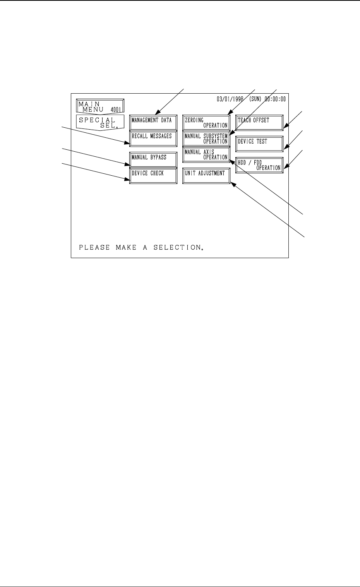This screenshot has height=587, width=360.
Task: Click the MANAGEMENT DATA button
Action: (153, 122)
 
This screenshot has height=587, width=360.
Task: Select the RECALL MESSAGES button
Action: (153, 138)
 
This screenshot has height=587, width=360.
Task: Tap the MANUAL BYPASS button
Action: (153, 159)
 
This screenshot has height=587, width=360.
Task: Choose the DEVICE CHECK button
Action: (153, 175)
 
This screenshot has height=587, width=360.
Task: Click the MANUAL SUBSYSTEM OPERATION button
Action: (206, 138)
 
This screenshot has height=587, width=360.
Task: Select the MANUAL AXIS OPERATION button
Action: (206, 154)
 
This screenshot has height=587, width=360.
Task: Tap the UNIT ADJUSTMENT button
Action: (206, 175)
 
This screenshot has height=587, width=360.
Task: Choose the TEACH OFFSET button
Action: (259, 122)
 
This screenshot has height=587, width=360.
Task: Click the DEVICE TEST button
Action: (259, 144)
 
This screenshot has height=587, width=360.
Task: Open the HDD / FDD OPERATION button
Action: (259, 165)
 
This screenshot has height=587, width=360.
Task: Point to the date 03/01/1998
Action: (230, 99)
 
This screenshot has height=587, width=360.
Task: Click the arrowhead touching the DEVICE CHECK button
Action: (127, 179)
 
